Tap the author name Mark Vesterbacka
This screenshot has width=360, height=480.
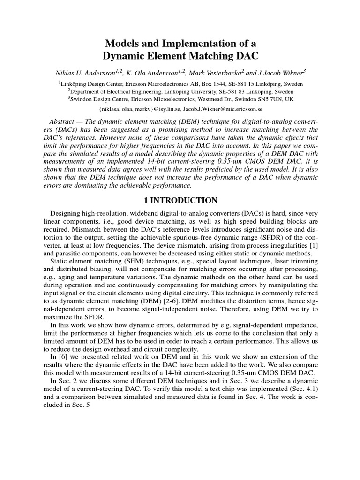coord(217,72)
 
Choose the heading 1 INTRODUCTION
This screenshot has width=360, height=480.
coord(180,201)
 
